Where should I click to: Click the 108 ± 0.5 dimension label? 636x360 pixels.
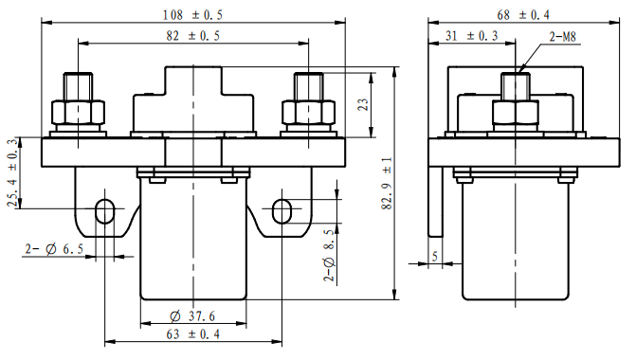(x=192, y=15)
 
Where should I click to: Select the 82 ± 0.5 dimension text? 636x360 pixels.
(x=193, y=36)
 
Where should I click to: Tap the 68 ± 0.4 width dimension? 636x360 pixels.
(x=523, y=15)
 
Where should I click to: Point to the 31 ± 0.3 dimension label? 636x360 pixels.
(x=472, y=36)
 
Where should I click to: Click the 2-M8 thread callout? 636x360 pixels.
(x=563, y=37)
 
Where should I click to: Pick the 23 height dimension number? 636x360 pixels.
(x=363, y=104)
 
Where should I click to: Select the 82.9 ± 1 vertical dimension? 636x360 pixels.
(x=388, y=183)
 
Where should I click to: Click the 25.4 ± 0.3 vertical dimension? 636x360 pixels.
(x=12, y=172)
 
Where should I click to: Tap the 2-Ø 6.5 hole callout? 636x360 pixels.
(x=54, y=249)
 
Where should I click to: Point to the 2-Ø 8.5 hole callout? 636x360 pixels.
(x=329, y=255)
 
